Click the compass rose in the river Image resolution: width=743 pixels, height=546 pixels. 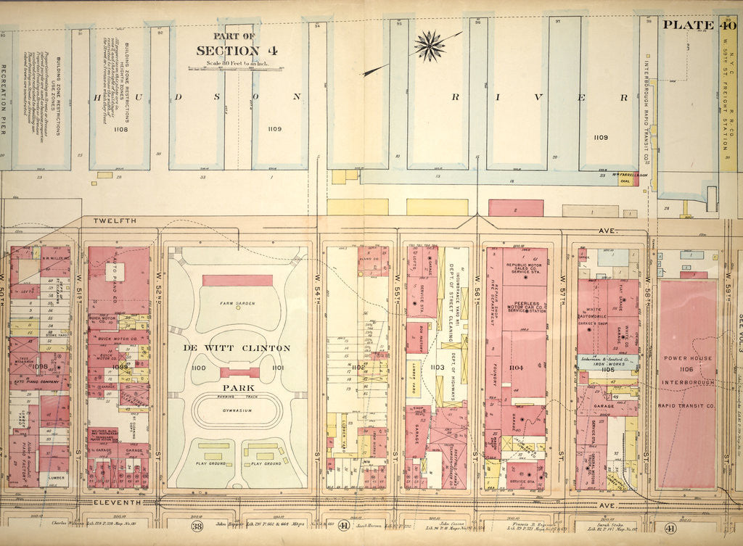click(430, 46)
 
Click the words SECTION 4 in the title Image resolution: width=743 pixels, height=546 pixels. click(227, 51)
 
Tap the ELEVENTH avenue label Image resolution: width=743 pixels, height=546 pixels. click(116, 502)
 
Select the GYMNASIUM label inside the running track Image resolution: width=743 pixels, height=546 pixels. click(237, 410)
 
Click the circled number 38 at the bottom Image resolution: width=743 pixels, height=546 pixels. click(197, 526)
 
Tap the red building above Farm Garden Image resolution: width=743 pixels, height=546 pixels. click(237, 280)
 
